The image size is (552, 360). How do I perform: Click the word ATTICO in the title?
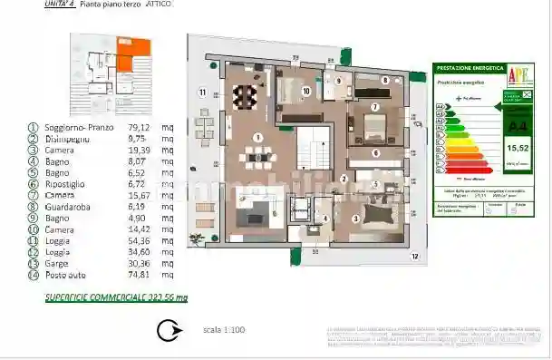pyautogui.click(x=156, y=5)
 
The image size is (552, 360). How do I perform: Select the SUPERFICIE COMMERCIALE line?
pyautogui.click(x=116, y=297)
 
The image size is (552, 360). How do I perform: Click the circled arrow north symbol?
pyautogui.click(x=167, y=332)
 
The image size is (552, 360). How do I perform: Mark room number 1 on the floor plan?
pyautogui.click(x=258, y=138)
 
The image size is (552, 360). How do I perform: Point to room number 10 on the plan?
pyautogui.click(x=306, y=91)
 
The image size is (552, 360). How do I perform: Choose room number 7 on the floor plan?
pyautogui.click(x=374, y=107)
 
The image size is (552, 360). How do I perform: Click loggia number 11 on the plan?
pyautogui.click(x=202, y=92)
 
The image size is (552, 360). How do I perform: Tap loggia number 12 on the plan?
pyautogui.click(x=414, y=258)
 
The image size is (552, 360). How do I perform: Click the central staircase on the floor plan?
pyautogui.click(x=315, y=147)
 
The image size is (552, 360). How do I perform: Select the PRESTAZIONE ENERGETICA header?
pyautogui.click(x=466, y=68)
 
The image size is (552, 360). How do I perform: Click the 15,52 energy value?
pyautogui.click(x=518, y=146)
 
